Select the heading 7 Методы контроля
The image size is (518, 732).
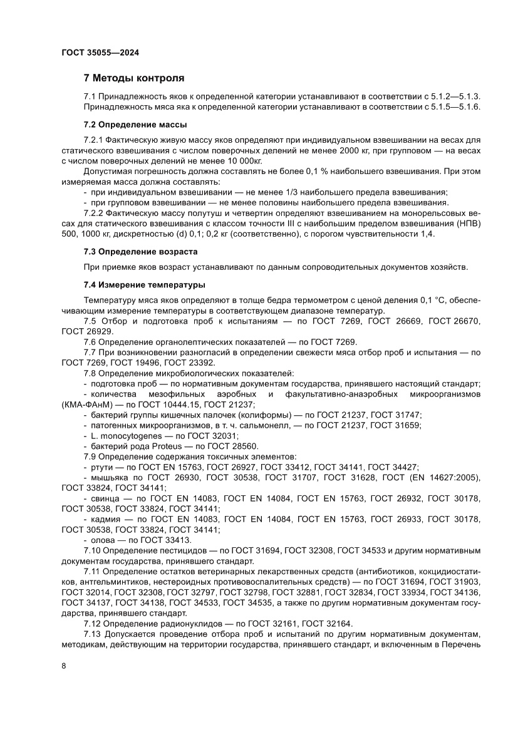tap(134, 78)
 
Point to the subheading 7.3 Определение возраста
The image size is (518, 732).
tap(141, 251)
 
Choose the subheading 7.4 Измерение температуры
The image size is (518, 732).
tap(145, 285)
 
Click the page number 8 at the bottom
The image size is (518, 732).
tap(64, 682)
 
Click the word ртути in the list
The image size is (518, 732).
tap(101, 467)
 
